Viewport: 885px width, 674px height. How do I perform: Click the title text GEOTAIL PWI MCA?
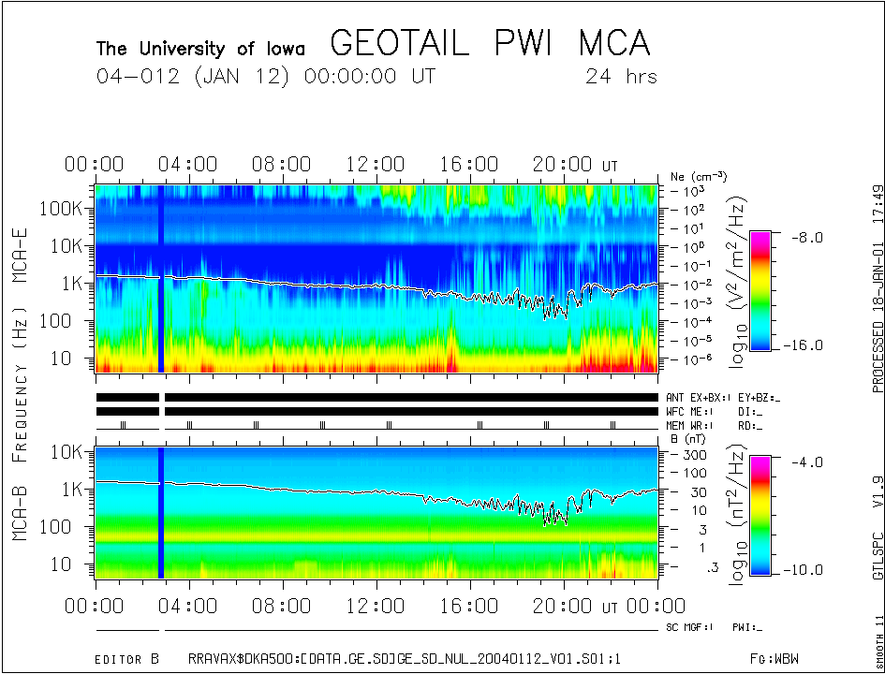coord(490,44)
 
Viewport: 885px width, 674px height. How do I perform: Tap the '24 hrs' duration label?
coord(621,76)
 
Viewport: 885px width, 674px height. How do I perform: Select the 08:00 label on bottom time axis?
coord(283,606)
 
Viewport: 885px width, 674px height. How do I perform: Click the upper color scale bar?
coord(760,291)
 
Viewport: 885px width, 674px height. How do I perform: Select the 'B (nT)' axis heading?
coord(689,438)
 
